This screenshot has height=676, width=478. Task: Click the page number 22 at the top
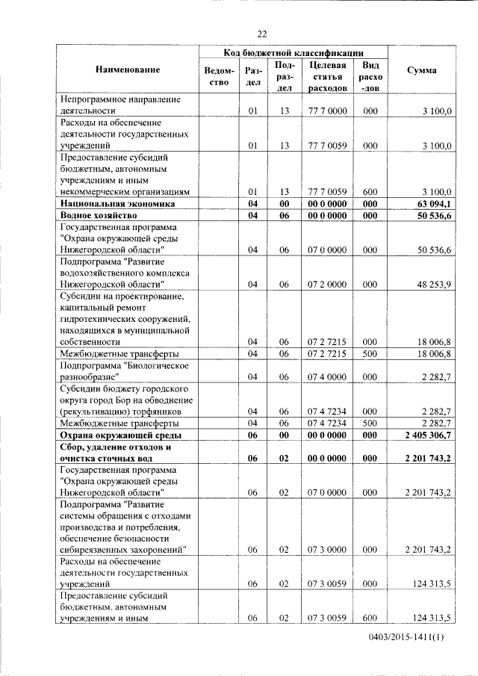click(261, 34)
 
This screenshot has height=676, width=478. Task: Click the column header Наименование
click(128, 69)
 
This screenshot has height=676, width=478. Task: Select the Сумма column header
click(421, 69)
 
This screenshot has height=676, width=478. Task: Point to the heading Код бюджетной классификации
click(294, 52)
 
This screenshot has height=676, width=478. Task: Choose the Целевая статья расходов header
click(327, 76)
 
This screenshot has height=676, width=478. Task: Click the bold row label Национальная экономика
click(117, 203)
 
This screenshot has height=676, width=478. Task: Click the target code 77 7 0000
click(327, 111)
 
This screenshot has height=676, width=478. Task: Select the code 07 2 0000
click(327, 285)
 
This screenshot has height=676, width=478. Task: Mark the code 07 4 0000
click(327, 378)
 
